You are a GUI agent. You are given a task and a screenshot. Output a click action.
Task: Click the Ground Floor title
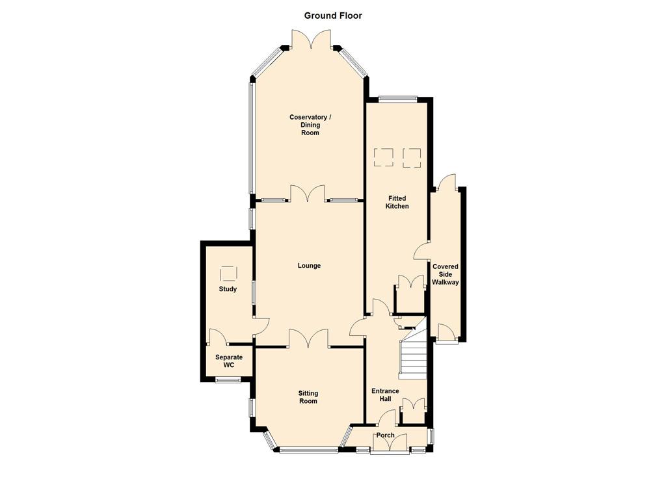pyautogui.click(x=333, y=16)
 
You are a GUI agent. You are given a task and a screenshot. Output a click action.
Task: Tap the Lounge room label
pyautogui.click(x=309, y=266)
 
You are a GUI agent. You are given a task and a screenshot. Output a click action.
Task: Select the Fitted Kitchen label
pyautogui.click(x=397, y=202)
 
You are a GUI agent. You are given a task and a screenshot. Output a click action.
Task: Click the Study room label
pyautogui.click(x=228, y=289)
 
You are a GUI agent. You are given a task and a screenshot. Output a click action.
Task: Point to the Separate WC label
pyautogui.click(x=229, y=361)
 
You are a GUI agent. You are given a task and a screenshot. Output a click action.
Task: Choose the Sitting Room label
pyautogui.click(x=308, y=397)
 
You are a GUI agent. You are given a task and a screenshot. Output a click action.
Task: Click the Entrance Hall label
pyautogui.click(x=385, y=394)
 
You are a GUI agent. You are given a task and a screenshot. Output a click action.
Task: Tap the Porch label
pyautogui.click(x=385, y=435)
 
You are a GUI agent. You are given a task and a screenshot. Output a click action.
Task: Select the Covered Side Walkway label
pyautogui.click(x=446, y=274)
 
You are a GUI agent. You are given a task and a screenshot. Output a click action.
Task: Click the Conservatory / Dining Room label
pyautogui.click(x=310, y=125)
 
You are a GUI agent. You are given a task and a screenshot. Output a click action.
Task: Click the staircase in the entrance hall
pyautogui.click(x=413, y=355)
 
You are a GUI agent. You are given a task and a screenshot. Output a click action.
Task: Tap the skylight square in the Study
pyautogui.click(x=228, y=274)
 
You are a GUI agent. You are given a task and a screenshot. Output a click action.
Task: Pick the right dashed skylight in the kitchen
pyautogui.click(x=412, y=157)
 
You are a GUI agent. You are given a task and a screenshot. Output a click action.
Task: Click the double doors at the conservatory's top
pyautogui.click(x=312, y=39)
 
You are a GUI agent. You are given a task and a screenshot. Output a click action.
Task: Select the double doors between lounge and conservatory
pyautogui.click(x=308, y=193)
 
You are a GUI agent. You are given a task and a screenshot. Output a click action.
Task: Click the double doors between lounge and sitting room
pyautogui.click(x=308, y=339)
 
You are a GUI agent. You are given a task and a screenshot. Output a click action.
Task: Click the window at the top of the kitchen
pyautogui.click(x=397, y=99)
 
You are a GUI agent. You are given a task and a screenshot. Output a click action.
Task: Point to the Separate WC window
pyautogui.click(x=228, y=379)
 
